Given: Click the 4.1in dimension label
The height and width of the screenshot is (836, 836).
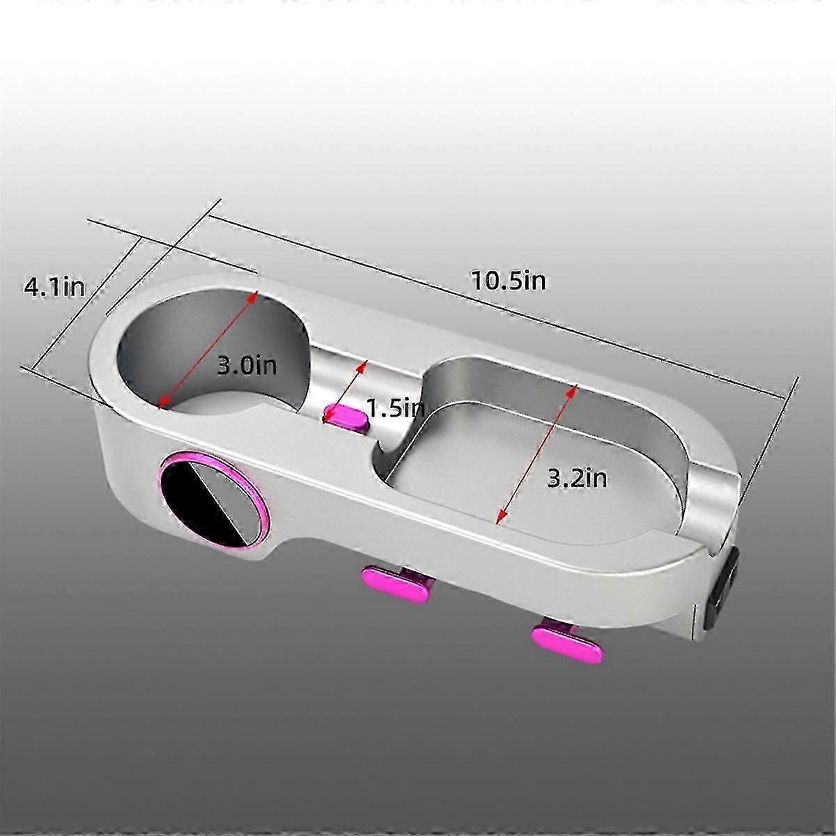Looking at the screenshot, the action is click(54, 287).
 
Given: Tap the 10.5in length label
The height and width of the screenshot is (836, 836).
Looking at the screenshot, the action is click(509, 281).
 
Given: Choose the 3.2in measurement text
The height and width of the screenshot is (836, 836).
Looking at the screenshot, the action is click(577, 479).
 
